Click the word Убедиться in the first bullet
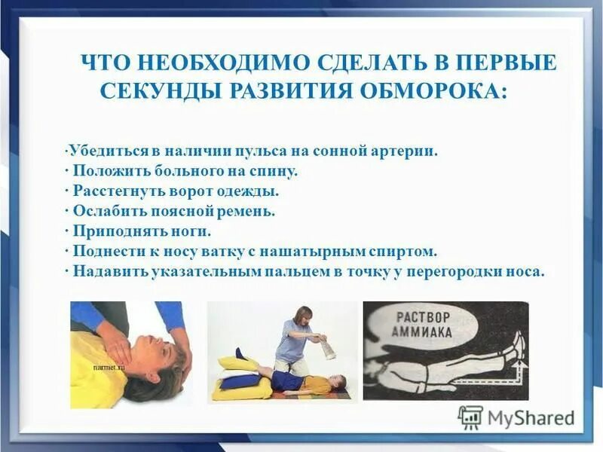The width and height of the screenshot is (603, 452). tap(99, 150)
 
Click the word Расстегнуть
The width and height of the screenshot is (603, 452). tap(120, 191)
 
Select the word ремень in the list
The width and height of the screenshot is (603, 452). tap(251, 211)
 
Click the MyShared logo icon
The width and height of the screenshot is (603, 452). tap(470, 417)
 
